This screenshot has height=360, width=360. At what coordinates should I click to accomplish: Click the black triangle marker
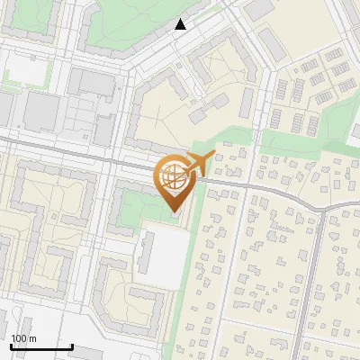pos(181,24)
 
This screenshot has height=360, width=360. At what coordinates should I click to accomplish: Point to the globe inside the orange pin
pos(172,176)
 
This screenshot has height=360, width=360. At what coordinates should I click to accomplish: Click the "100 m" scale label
pos(23,338)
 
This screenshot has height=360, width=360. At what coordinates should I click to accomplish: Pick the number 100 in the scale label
pos(20,338)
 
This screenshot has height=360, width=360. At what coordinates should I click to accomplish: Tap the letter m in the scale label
pos(32,338)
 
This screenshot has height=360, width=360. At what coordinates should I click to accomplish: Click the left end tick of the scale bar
pos(11,346)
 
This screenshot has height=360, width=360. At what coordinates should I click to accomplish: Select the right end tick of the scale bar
pos(72,346)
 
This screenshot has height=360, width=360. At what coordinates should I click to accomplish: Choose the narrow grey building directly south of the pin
pos(146,252)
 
